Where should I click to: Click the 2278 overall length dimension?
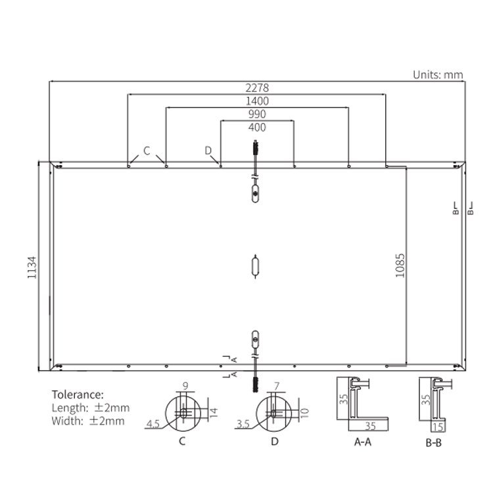(x=257, y=87)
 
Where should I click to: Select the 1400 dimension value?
(x=257, y=101)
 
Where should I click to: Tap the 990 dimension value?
(x=257, y=114)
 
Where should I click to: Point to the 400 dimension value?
(x=257, y=128)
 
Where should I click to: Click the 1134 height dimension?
(x=32, y=268)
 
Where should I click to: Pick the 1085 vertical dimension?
(x=400, y=266)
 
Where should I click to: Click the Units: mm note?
(x=438, y=75)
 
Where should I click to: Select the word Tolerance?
(x=78, y=394)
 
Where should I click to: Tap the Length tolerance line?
(x=91, y=408)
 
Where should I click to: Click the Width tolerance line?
(x=88, y=421)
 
